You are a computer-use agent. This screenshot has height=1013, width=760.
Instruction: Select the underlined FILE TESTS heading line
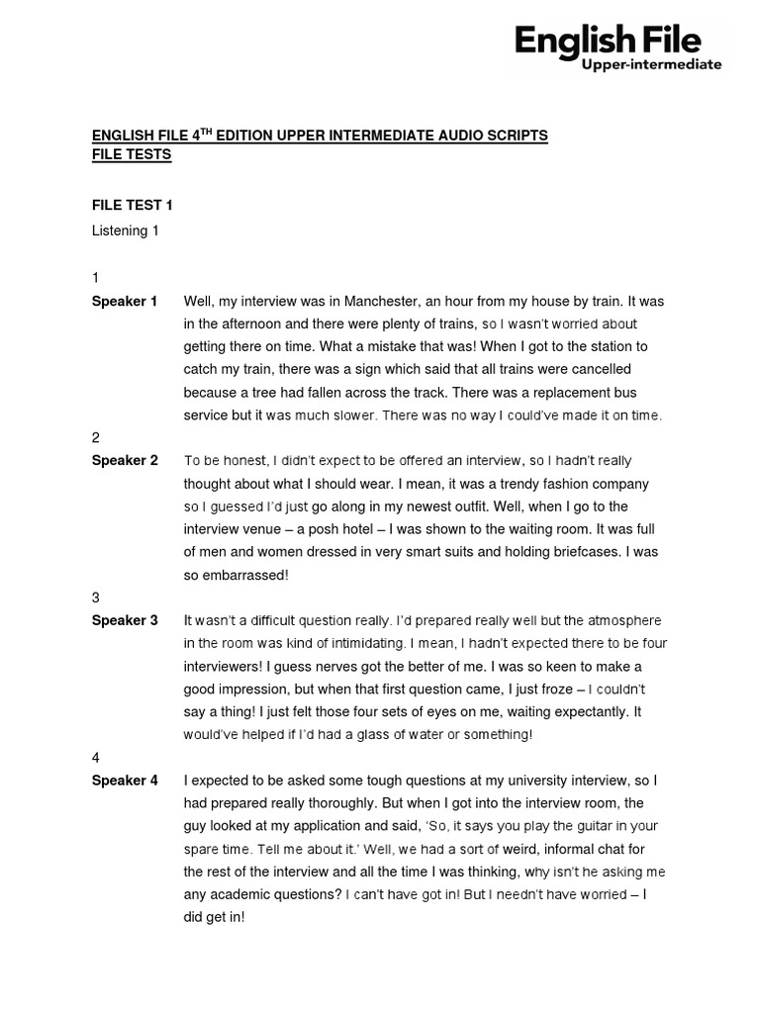coord(131,154)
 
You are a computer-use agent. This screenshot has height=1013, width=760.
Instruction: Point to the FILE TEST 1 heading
coord(132,206)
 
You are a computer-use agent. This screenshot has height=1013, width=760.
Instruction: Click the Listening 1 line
coord(126,230)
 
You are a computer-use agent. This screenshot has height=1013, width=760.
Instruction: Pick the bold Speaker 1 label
coord(125,301)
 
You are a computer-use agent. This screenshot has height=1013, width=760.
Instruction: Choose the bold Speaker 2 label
coord(125,460)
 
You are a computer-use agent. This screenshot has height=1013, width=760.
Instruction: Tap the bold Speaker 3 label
coord(125,620)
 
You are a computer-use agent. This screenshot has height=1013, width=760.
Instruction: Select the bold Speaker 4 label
coord(125,781)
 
